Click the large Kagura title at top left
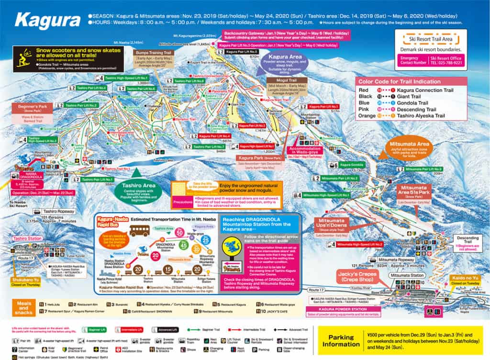point(47,20)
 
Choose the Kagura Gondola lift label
point(356,165)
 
